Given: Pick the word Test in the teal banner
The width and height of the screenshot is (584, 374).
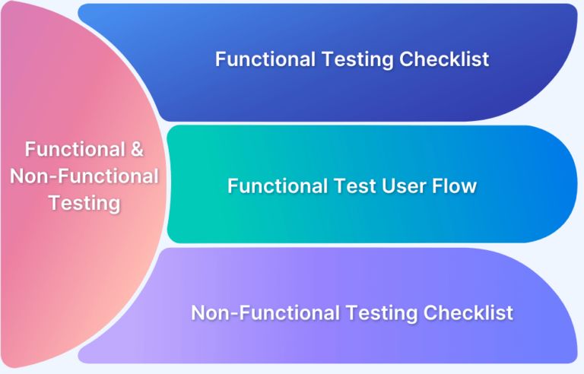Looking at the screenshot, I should tap(363, 185).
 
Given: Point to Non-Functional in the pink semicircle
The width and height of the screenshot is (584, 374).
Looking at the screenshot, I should tap(84, 176).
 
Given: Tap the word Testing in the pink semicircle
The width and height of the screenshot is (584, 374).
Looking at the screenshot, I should tap(84, 203).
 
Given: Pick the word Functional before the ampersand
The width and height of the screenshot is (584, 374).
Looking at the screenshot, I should tap(73, 150).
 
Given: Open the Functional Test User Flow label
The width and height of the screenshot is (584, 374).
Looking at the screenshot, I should tap(352, 185).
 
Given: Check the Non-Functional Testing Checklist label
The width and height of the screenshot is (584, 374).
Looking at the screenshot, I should tap(352, 312).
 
